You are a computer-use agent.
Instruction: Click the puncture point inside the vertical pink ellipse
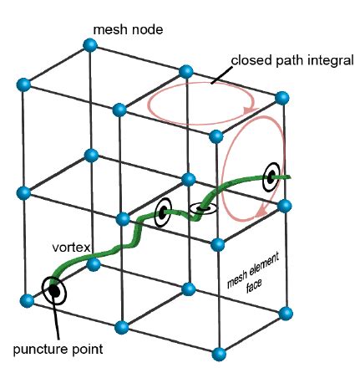271,176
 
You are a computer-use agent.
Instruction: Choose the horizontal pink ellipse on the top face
200,104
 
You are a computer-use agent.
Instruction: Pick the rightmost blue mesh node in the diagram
286,312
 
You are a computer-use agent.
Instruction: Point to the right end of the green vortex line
288,176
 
